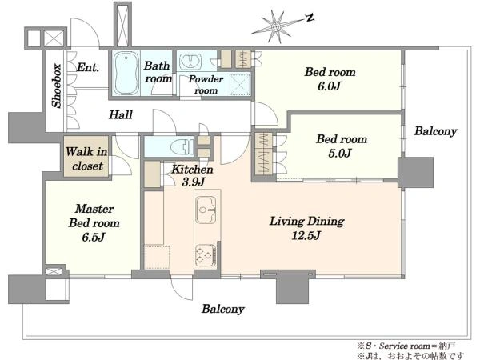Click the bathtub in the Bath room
[126, 73]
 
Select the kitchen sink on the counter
[206, 210]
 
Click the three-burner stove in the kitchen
[206, 254]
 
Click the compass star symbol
[275, 26]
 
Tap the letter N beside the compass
[310, 18]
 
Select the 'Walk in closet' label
[86, 158]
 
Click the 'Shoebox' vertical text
[57, 86]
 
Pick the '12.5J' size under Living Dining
[306, 235]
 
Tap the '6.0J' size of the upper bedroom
[329, 86]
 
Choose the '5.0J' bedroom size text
[340, 153]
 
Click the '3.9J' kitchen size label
[193, 182]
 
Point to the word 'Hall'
[121, 114]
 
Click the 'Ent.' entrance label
[88, 67]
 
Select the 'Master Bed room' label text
[94, 216]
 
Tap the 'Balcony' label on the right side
[436, 131]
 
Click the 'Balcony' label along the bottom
[223, 309]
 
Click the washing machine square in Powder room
[240, 83]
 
